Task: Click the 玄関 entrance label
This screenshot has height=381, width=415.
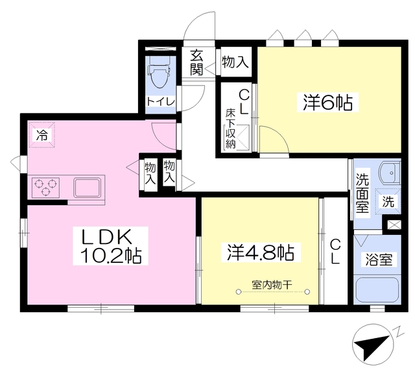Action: click(x=197, y=62)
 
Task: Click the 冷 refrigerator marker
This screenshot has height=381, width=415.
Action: click(x=41, y=136)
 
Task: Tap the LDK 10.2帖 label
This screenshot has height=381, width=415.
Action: click(x=110, y=246)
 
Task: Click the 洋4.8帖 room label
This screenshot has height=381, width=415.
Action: click(x=259, y=252)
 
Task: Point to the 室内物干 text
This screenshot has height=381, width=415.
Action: click(x=272, y=284)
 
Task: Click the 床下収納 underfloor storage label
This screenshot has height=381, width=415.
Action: click(x=230, y=129)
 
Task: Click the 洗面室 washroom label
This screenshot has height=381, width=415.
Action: click(x=362, y=193)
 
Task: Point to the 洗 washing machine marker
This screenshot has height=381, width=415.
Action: click(x=388, y=201)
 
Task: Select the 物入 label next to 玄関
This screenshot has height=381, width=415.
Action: click(x=234, y=62)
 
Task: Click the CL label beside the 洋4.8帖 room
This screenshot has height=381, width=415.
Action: click(x=336, y=252)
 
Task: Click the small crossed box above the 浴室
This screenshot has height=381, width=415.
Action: click(x=393, y=225)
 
